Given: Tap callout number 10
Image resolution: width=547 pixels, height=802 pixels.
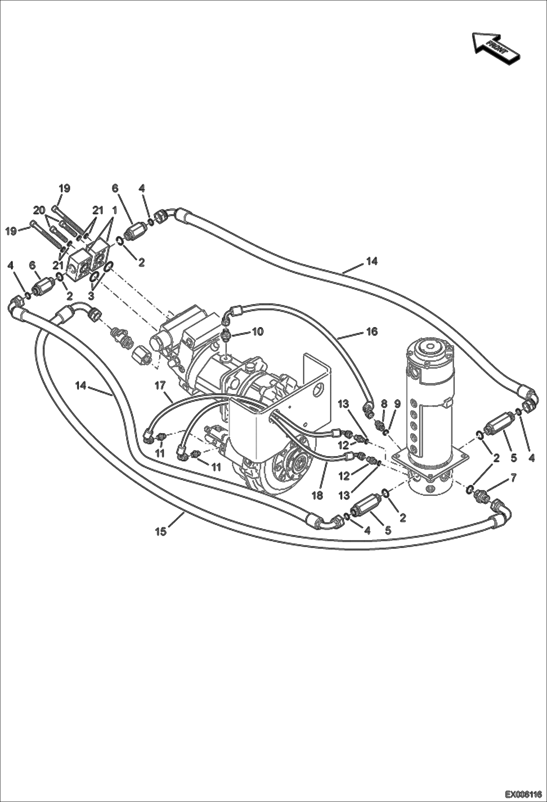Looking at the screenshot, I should pos(257,332).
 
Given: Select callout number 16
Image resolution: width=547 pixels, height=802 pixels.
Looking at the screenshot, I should pos(372,332).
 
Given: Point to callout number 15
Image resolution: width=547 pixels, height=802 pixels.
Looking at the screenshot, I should pos(161,531).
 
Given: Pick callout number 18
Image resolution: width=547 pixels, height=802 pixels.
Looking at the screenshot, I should pos(318,495).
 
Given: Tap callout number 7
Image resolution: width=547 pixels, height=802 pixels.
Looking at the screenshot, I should pos(513,477).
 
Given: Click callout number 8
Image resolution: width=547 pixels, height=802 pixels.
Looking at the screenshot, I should pos(384,404).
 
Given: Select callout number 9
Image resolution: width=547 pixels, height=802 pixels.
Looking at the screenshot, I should pos(397,404).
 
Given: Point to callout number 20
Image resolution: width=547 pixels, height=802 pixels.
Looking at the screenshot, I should pos(39,210).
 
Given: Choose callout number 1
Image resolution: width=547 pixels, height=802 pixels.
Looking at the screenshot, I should pos(114,210).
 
